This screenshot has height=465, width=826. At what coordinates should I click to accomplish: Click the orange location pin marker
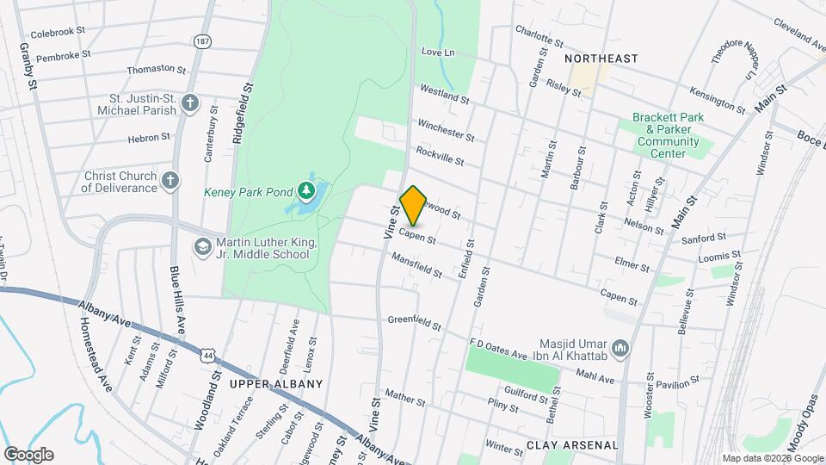(x=413, y=205)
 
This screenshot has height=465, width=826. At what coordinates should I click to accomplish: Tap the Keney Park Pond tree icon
(x=305, y=190)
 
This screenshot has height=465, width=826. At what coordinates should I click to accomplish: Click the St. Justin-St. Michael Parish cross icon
(x=191, y=104)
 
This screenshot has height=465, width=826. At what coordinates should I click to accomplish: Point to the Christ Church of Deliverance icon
(x=171, y=181)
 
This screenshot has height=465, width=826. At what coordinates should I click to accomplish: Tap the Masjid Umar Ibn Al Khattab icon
(x=621, y=347)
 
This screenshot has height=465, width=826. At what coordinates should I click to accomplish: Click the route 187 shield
(x=203, y=41)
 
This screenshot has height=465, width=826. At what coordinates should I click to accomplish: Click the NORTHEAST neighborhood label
(x=602, y=59)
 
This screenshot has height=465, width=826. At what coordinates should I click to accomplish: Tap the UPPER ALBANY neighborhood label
(x=276, y=384)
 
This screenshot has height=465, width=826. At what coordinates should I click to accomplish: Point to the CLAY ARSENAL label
(x=572, y=445)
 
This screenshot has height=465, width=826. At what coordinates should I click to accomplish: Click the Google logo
(x=28, y=455)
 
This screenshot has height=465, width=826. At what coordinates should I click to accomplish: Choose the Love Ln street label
(x=437, y=53)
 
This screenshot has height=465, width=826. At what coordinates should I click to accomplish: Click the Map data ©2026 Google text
(x=772, y=458)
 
